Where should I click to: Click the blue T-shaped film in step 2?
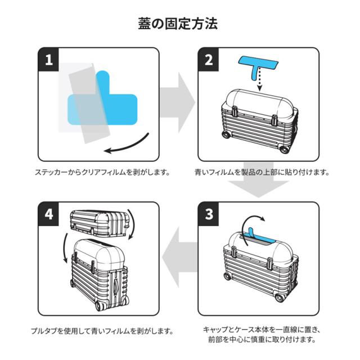(259, 64)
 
